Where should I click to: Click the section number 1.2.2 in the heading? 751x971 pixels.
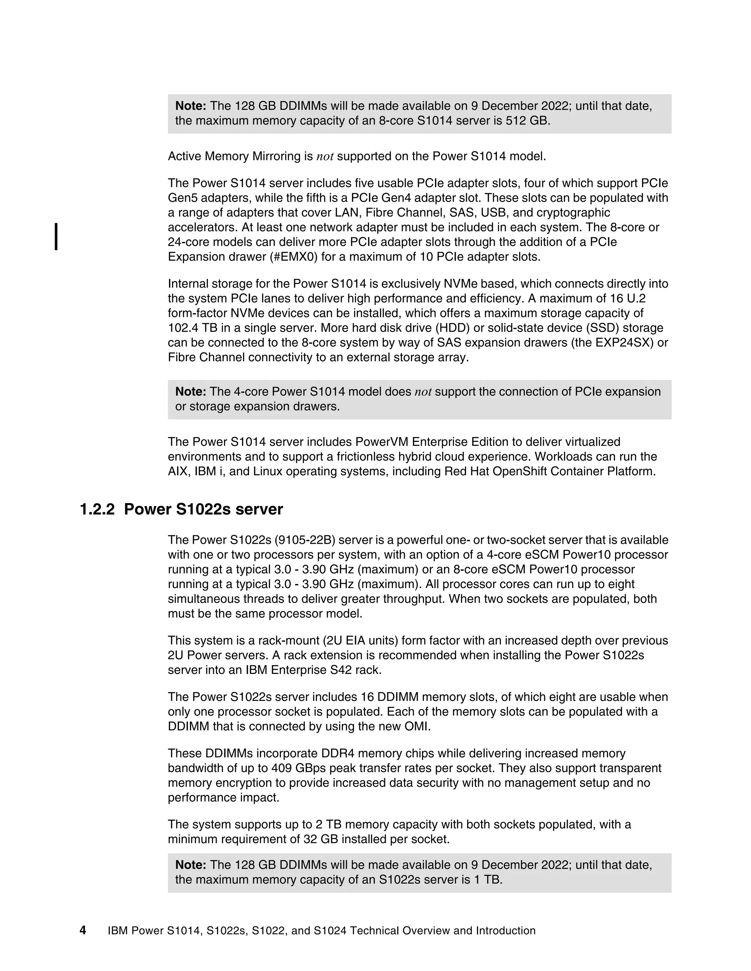coord(97,509)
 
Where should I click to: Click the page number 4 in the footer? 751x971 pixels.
coord(83,930)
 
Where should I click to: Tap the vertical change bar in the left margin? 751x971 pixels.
coord(56,237)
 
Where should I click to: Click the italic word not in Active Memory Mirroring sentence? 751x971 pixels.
coord(325,156)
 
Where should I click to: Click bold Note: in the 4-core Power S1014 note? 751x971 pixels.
coord(190,392)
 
